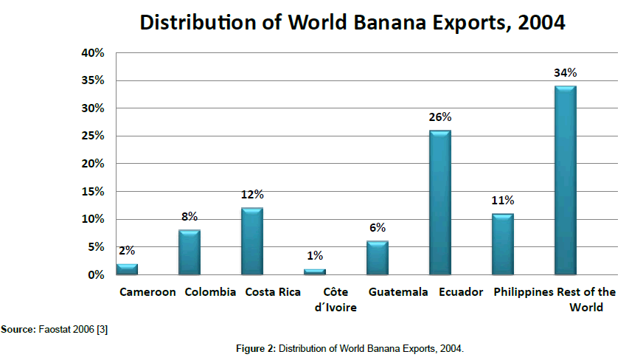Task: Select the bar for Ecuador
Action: (440, 203)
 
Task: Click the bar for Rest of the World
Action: (566, 181)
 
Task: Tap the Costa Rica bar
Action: (252, 241)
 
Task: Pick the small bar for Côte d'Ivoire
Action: (315, 271)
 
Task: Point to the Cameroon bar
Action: (127, 269)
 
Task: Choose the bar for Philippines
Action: (503, 244)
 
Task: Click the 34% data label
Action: (566, 73)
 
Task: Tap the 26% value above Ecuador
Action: (440, 117)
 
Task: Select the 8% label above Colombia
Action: (190, 217)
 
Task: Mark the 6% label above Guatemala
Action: (378, 228)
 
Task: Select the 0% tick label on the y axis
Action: (96, 275)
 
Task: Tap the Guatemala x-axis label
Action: (397, 292)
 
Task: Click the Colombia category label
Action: (210, 292)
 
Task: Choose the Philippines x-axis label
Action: (524, 292)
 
